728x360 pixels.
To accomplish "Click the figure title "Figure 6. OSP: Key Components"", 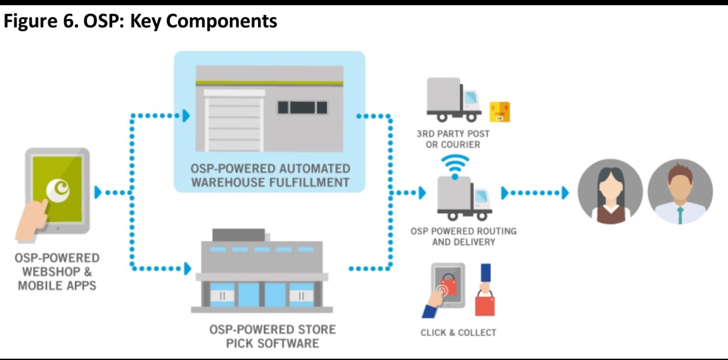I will click(x=141, y=22).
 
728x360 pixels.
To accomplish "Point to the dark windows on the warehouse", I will click(x=301, y=108).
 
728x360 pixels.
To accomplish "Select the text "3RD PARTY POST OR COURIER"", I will click(x=453, y=139).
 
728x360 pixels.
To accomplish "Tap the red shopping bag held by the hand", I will click(x=485, y=301).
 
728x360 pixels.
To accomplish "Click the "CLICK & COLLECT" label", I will click(x=458, y=333).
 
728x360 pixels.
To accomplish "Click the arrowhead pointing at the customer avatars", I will click(x=564, y=193).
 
